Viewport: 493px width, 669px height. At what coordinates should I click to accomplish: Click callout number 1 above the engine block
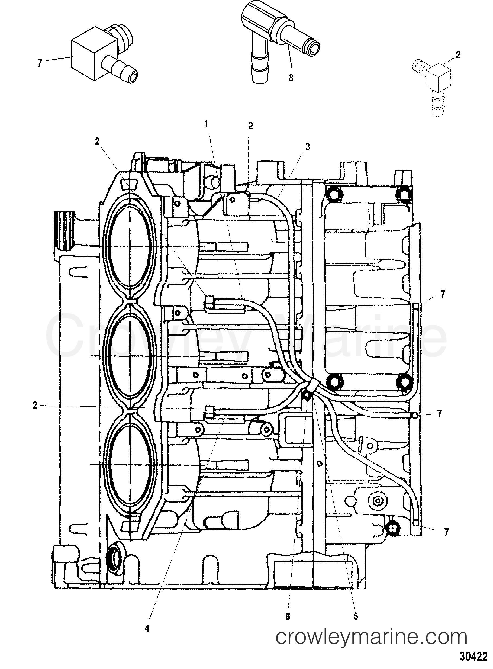(x=206, y=124)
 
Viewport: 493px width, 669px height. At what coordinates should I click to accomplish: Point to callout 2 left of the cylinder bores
(x=35, y=405)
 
